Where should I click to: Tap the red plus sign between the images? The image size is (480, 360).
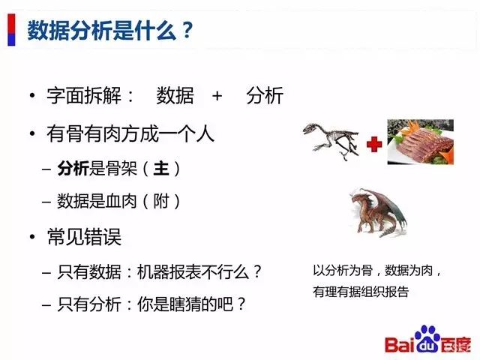(373, 144)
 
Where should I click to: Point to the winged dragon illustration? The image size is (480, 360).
(379, 211)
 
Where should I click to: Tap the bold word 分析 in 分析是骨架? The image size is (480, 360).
(73, 169)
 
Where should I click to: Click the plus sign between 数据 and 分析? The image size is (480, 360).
(217, 96)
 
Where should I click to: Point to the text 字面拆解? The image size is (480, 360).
(91, 96)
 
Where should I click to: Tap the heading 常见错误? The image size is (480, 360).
(83, 238)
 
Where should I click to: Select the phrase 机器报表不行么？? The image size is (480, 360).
(200, 271)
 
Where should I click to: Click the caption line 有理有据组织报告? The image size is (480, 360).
(361, 292)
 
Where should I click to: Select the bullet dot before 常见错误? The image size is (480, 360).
(32, 238)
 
